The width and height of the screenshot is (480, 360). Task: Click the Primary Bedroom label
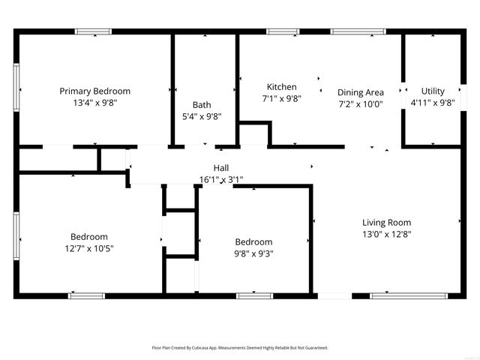pyautogui.click(x=94, y=91)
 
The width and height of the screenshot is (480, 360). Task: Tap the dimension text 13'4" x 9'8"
pyautogui.click(x=94, y=104)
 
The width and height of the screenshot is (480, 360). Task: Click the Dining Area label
pyautogui.click(x=360, y=92)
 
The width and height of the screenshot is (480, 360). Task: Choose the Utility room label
pyautogui.click(x=432, y=91)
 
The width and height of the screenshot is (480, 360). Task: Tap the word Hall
pyautogui.click(x=220, y=168)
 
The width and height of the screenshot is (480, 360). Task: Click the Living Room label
pyautogui.click(x=386, y=222)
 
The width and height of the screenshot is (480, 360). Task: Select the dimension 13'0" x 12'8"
pyautogui.click(x=386, y=234)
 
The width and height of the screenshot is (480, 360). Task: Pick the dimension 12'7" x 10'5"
pyautogui.click(x=89, y=248)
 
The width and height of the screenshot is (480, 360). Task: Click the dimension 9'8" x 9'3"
pyautogui.click(x=253, y=253)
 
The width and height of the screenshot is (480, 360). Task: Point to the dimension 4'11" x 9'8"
pyautogui.click(x=432, y=103)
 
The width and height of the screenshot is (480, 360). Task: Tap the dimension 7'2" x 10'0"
pyautogui.click(x=360, y=104)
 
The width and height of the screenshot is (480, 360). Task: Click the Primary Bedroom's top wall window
pyautogui.click(x=93, y=31)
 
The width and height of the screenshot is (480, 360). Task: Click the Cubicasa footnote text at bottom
pyautogui.click(x=240, y=348)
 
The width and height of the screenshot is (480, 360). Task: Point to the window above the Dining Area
pyautogui.click(x=357, y=31)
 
